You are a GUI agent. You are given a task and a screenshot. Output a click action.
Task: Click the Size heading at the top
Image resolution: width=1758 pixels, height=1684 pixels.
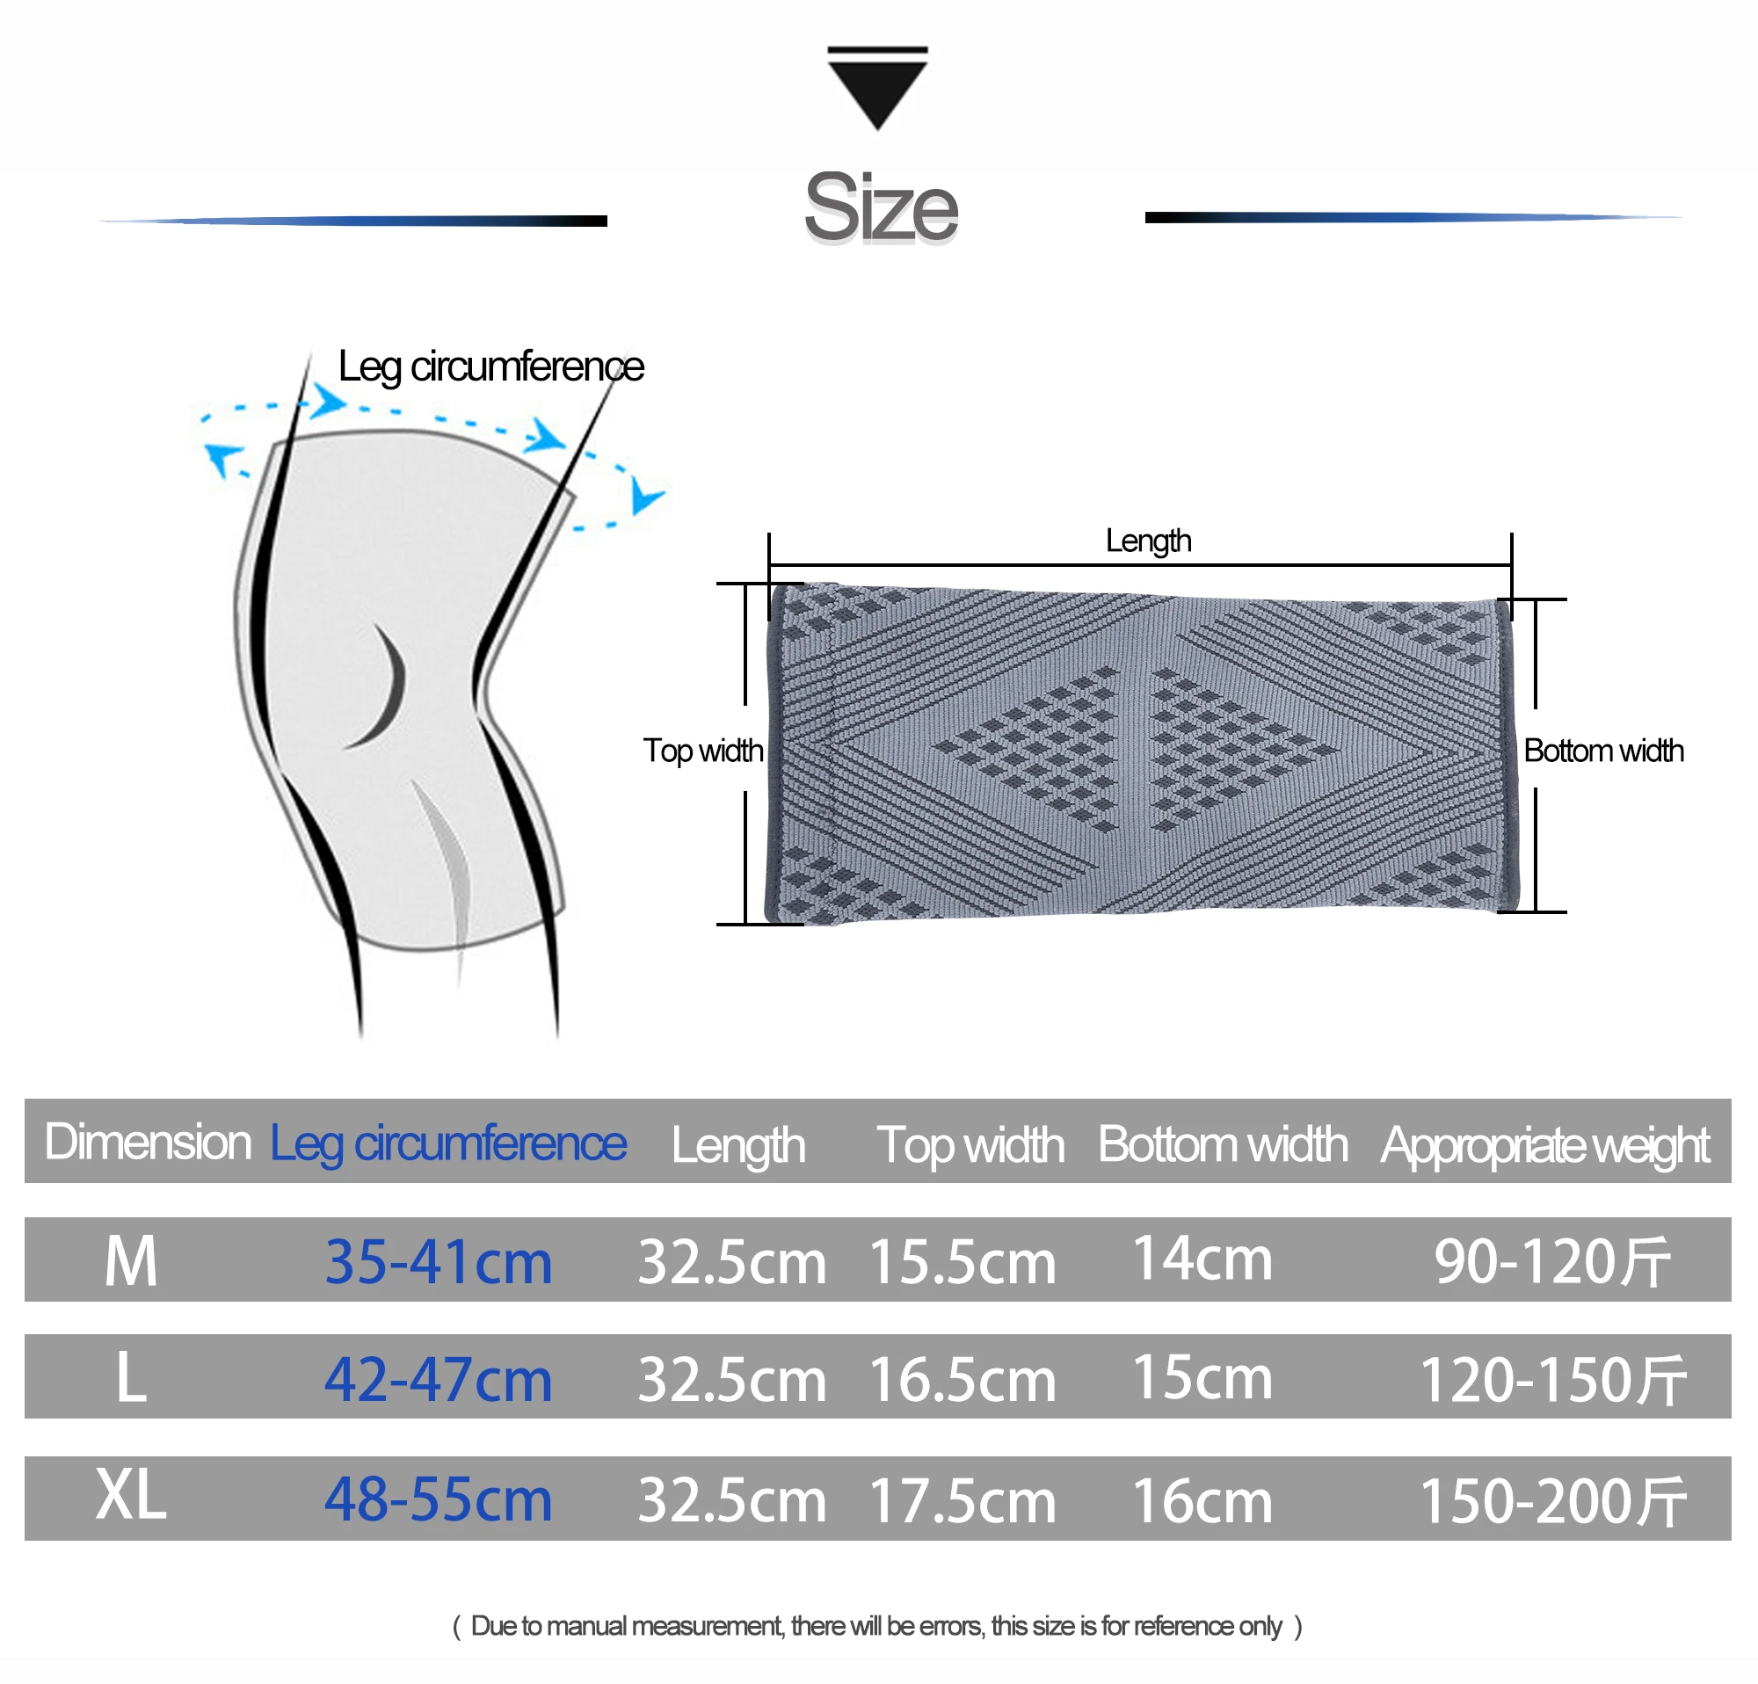pos(881,208)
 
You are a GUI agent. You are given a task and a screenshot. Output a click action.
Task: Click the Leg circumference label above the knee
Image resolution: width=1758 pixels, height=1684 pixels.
pos(490,367)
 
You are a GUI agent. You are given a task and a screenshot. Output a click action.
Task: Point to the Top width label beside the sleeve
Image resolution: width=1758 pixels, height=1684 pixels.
pos(703,751)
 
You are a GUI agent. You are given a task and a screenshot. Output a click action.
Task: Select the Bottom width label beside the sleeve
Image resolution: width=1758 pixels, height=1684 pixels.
pos(1602,751)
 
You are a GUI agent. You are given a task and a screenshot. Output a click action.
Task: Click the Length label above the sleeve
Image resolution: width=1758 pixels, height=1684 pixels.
pos(1148,541)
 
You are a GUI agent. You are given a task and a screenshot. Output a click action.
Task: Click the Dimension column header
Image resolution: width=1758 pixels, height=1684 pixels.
pos(148,1143)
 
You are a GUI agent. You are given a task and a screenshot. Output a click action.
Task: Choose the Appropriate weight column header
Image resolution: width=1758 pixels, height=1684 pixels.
pos(1544,1144)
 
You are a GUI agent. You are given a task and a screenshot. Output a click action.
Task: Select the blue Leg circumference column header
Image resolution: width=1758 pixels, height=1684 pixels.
pos(447,1143)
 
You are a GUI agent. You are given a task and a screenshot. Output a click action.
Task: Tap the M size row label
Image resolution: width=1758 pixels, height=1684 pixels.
pos(131,1260)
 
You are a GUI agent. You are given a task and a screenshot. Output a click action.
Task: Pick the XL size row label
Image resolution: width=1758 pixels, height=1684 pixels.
pos(131,1496)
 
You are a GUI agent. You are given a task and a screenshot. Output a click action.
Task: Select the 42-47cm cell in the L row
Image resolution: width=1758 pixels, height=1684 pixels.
pos(438,1379)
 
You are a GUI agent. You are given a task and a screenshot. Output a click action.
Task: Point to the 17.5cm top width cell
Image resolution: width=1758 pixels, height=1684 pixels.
pos(963,1500)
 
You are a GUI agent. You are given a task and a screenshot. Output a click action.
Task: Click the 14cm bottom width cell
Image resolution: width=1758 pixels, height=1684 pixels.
pos(1202,1258)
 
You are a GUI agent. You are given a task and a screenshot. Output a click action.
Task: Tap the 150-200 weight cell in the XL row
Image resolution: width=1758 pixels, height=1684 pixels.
pos(1552,1500)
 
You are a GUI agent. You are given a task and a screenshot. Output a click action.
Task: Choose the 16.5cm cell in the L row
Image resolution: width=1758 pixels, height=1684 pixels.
pos(963,1379)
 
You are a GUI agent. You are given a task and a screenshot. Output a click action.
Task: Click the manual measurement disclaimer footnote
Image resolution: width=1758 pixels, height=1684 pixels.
pos(877,1626)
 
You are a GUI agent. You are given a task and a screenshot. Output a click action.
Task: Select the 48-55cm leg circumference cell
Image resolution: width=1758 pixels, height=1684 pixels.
pos(438,1499)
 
